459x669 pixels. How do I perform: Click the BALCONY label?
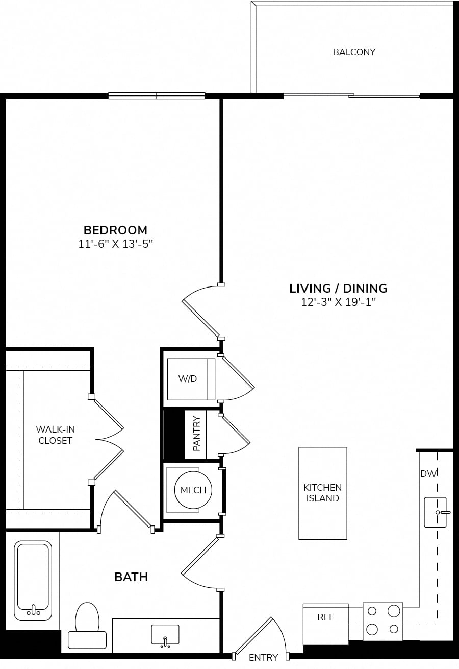click(354, 52)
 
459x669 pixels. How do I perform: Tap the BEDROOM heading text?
click(115, 230)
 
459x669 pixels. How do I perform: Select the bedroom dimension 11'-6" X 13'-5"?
click(115, 244)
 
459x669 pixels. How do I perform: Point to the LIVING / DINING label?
click(338, 289)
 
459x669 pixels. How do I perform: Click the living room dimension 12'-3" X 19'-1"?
click(338, 302)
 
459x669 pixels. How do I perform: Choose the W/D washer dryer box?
click(191, 379)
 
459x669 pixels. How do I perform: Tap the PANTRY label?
click(197, 434)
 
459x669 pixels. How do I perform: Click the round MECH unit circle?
click(193, 490)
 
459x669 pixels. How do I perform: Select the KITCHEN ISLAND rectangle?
click(323, 493)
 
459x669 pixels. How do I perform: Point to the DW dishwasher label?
click(428, 474)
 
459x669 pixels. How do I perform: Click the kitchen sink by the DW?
click(436, 512)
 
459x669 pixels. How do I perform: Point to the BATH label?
click(131, 577)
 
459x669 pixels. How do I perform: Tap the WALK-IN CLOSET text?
click(55, 435)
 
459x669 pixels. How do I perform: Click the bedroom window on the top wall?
click(157, 95)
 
